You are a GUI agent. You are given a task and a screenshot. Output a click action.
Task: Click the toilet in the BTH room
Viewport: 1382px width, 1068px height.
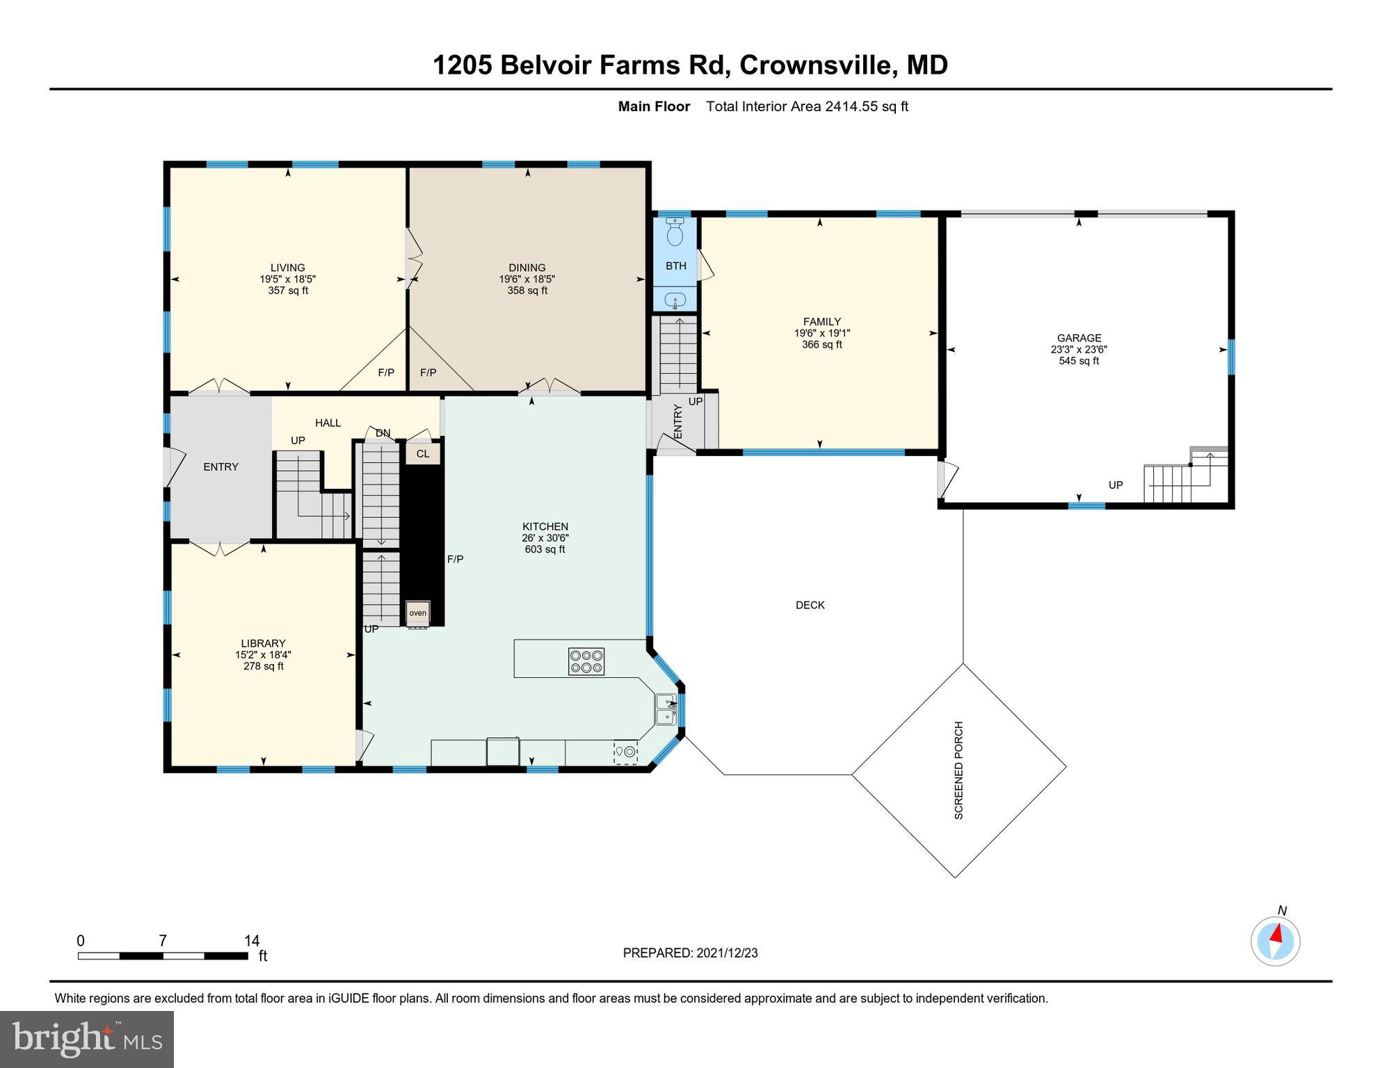coord(675,232)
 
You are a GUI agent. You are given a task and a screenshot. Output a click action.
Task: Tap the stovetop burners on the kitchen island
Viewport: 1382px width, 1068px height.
coord(586,661)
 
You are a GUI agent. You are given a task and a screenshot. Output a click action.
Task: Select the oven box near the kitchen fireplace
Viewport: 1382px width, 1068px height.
coord(418,613)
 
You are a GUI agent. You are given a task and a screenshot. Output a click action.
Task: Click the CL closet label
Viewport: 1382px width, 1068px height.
coord(423,454)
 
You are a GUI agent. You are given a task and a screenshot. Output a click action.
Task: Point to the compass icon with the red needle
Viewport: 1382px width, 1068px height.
coord(1275,941)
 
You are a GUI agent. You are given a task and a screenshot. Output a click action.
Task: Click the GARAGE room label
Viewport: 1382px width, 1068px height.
coord(1079,338)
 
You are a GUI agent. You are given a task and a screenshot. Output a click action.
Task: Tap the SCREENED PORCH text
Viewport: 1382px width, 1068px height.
coord(958,770)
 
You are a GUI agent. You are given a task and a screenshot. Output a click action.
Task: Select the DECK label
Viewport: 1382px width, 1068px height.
coord(810,606)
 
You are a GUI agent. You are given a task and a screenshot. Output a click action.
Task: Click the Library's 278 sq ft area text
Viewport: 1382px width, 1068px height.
coord(263,666)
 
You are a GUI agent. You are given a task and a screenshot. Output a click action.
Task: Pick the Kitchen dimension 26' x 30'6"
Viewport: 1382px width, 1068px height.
coord(545,538)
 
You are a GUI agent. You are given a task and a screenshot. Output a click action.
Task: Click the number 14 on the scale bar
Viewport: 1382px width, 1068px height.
coord(252,941)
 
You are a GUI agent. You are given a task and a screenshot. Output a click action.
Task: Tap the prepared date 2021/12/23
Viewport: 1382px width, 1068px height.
coord(725,953)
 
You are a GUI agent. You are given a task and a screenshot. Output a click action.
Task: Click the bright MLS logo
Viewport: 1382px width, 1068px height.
coord(87,1039)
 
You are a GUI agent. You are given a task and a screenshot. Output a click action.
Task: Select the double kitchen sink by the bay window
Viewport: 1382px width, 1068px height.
coord(666,709)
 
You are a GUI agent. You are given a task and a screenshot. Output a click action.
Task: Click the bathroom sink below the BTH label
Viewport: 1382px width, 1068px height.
coord(675,300)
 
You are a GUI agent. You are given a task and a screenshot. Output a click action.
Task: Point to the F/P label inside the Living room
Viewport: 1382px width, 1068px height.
coord(386,373)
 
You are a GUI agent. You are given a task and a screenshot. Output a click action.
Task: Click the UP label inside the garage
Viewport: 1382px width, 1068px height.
coord(1116,485)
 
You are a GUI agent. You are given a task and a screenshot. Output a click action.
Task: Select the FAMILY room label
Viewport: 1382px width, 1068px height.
coord(821,321)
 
